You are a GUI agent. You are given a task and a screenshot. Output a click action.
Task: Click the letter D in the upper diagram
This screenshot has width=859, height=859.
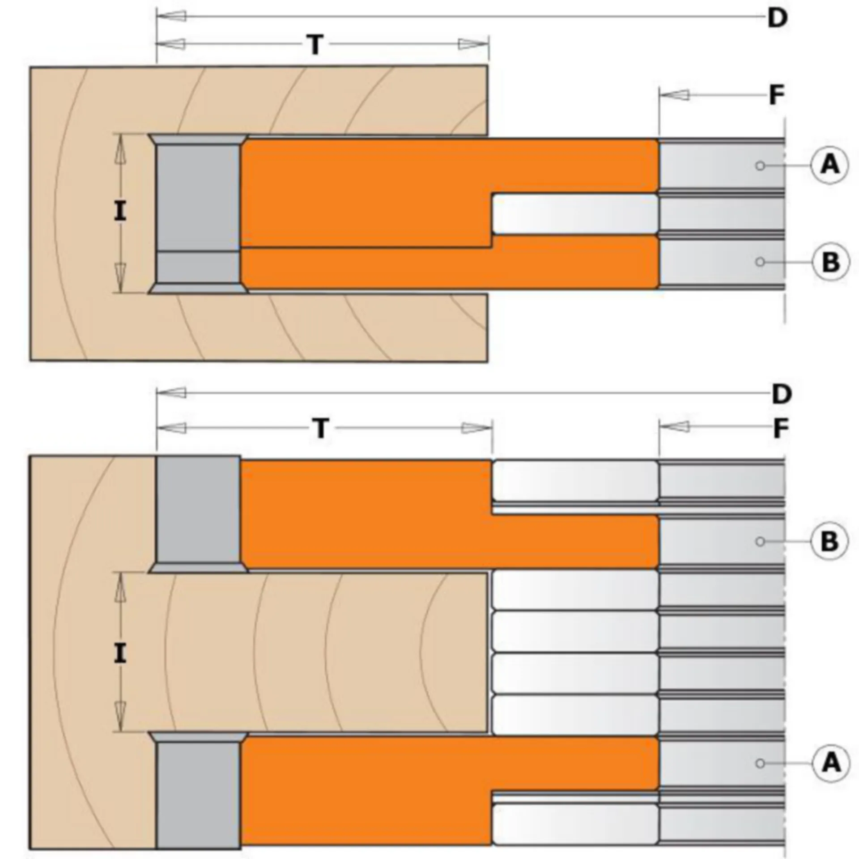(778, 18)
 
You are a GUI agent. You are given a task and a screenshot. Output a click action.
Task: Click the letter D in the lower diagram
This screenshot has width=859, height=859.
(782, 394)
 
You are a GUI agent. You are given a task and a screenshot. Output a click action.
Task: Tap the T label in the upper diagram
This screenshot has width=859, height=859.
(315, 45)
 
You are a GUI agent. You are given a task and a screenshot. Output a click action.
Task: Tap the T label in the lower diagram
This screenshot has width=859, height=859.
(321, 428)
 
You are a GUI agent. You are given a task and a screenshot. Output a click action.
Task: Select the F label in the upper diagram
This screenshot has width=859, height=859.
(777, 95)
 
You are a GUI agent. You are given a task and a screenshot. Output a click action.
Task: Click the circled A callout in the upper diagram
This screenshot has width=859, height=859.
(830, 165)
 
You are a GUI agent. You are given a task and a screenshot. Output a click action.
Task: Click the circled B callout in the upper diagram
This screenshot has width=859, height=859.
(830, 262)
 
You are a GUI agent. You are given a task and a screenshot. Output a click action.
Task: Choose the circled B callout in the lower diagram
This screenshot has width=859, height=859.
(830, 541)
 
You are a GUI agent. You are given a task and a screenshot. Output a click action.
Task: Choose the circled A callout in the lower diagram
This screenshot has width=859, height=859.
(831, 763)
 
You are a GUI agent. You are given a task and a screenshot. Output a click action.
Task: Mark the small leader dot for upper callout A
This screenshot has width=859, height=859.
(760, 166)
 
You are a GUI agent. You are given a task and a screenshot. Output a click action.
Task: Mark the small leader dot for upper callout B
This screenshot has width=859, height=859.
(760, 262)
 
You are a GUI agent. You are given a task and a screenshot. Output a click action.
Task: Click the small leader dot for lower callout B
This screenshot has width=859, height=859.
(760, 541)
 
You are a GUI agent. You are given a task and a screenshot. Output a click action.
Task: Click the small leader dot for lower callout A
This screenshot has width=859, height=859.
(760, 763)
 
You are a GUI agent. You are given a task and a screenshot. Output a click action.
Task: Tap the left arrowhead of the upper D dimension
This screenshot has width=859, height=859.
(171, 17)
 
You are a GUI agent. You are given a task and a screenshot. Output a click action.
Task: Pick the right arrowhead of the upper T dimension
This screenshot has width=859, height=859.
(473, 44)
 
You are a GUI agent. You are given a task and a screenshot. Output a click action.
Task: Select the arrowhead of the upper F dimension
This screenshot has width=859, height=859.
(674, 95)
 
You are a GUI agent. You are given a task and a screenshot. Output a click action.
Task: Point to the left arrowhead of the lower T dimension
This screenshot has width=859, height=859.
(171, 428)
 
